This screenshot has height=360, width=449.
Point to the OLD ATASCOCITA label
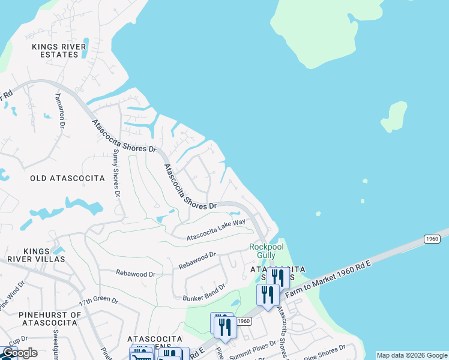pyautogui.click(x=67, y=178)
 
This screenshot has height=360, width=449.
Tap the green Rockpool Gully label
pyautogui.click(x=262, y=251)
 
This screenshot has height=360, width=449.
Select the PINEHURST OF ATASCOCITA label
pyautogui.click(x=41, y=319)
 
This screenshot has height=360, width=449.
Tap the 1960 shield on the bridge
pyautogui.click(x=432, y=239)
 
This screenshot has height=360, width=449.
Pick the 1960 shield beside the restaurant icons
pyautogui.click(x=243, y=321)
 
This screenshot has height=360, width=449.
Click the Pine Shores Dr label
pyautogui.click(x=325, y=350)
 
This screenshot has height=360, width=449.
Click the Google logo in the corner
pyautogui.click(x=19, y=353)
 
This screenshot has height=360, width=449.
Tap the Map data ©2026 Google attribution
pyautogui.click(x=412, y=355)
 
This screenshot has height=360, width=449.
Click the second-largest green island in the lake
pyautogui.click(x=393, y=117)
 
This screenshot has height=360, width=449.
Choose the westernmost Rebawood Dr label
pyautogui.click(x=136, y=274)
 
